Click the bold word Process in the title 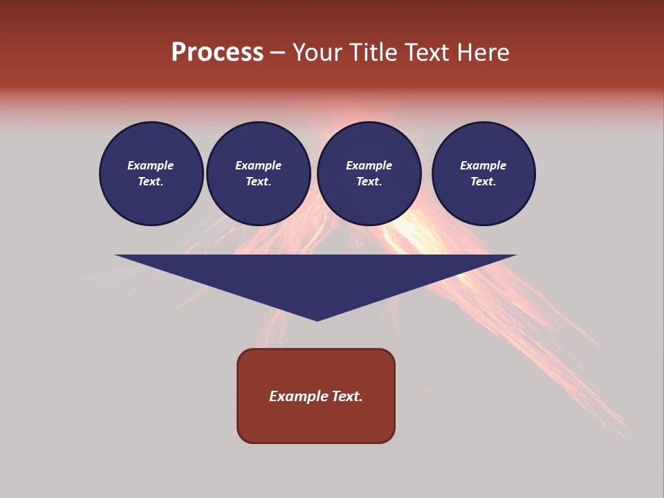217,53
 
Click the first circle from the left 151,174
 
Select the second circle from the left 258,174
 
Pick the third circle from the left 369,174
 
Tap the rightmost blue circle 483,174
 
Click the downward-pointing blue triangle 316,277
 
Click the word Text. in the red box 347,396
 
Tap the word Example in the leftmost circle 151,165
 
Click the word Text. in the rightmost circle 483,182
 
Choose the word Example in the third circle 369,165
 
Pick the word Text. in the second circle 258,182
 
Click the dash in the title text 277,53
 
